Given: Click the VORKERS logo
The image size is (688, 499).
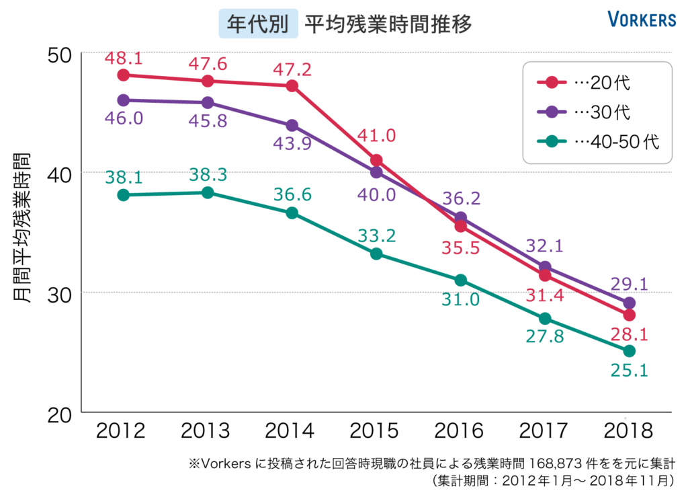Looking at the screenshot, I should (642, 20).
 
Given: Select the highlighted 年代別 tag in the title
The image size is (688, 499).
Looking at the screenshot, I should (259, 24).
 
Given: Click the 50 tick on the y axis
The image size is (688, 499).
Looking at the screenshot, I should (61, 54).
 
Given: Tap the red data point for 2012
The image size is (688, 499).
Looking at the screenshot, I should (123, 75).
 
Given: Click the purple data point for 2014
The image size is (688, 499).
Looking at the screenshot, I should (292, 126).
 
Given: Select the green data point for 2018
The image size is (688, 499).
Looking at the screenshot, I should (630, 351).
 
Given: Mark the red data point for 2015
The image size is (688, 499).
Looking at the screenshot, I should (377, 160).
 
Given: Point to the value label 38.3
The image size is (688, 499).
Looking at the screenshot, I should (208, 175).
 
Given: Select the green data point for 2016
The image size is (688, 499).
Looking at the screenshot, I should (461, 280).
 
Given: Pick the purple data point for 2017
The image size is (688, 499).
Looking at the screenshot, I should (545, 267).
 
